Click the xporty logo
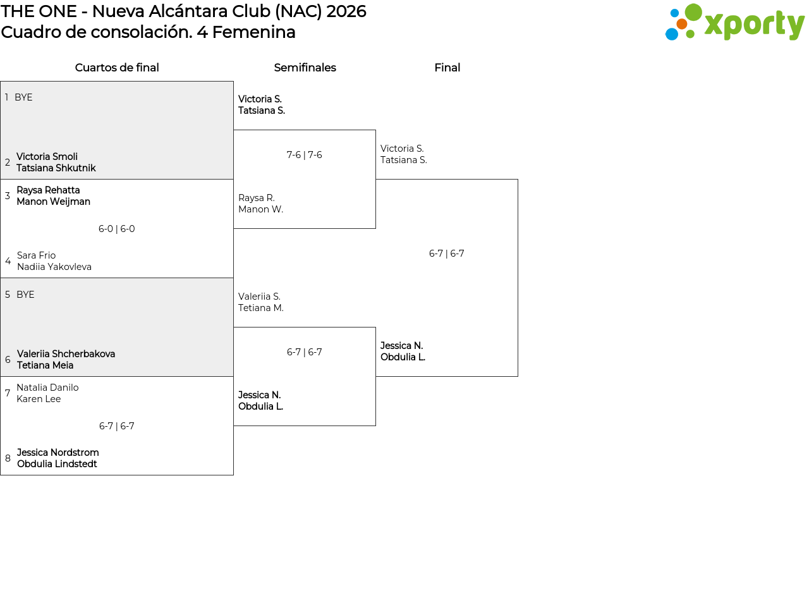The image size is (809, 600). click(x=734, y=22)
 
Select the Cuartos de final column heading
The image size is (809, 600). click(x=117, y=68)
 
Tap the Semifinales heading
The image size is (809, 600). click(x=305, y=68)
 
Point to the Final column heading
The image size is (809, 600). click(x=447, y=68)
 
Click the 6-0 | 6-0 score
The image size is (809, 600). click(x=117, y=229)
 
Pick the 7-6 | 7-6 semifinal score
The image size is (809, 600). click(x=304, y=155)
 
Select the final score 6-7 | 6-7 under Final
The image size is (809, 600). click(x=446, y=254)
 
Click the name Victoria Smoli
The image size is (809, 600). click(x=47, y=157)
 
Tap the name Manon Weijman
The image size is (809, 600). click(x=54, y=202)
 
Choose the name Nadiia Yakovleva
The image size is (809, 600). click(x=54, y=267)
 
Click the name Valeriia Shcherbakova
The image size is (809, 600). click(x=66, y=354)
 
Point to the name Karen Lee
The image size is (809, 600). click(x=39, y=399)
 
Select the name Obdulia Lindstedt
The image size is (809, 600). click(x=57, y=464)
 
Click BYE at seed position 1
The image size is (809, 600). click(x=23, y=97)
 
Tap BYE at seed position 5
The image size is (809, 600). click(x=25, y=295)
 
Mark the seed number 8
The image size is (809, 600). click(x=8, y=458)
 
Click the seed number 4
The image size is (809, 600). click(x=8, y=261)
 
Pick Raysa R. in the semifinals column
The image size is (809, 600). click(x=257, y=198)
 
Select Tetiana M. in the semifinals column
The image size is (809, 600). click(x=261, y=308)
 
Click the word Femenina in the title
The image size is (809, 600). click(x=254, y=32)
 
